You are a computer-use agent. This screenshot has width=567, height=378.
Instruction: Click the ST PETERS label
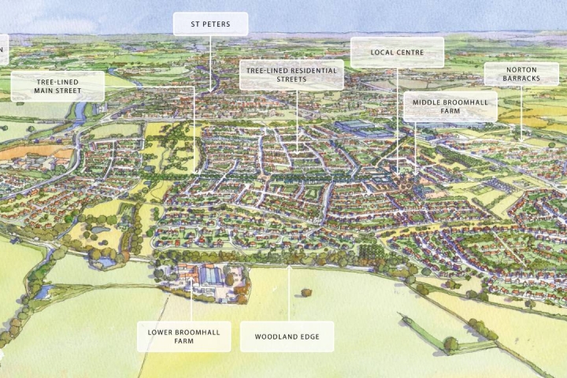(210, 24)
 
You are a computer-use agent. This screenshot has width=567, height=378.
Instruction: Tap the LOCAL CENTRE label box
(397, 53)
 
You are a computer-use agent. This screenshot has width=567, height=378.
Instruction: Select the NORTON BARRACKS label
(521, 74)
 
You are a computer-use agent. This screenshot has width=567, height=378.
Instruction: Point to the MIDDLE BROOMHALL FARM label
(450, 106)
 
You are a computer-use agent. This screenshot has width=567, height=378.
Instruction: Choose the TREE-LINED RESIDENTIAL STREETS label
(291, 75)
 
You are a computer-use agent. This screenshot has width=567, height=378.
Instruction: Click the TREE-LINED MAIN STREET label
(57, 86)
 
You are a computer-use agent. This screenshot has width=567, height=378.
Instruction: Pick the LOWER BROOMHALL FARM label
(183, 337)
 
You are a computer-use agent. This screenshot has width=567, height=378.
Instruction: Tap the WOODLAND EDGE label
(287, 337)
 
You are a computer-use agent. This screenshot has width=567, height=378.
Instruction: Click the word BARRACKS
(521, 79)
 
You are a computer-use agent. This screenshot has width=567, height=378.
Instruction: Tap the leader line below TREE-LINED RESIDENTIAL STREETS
(297, 118)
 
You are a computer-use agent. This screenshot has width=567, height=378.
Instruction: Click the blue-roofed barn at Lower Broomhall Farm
(211, 276)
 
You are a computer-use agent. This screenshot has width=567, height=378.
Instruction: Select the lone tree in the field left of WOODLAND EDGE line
(306, 293)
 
